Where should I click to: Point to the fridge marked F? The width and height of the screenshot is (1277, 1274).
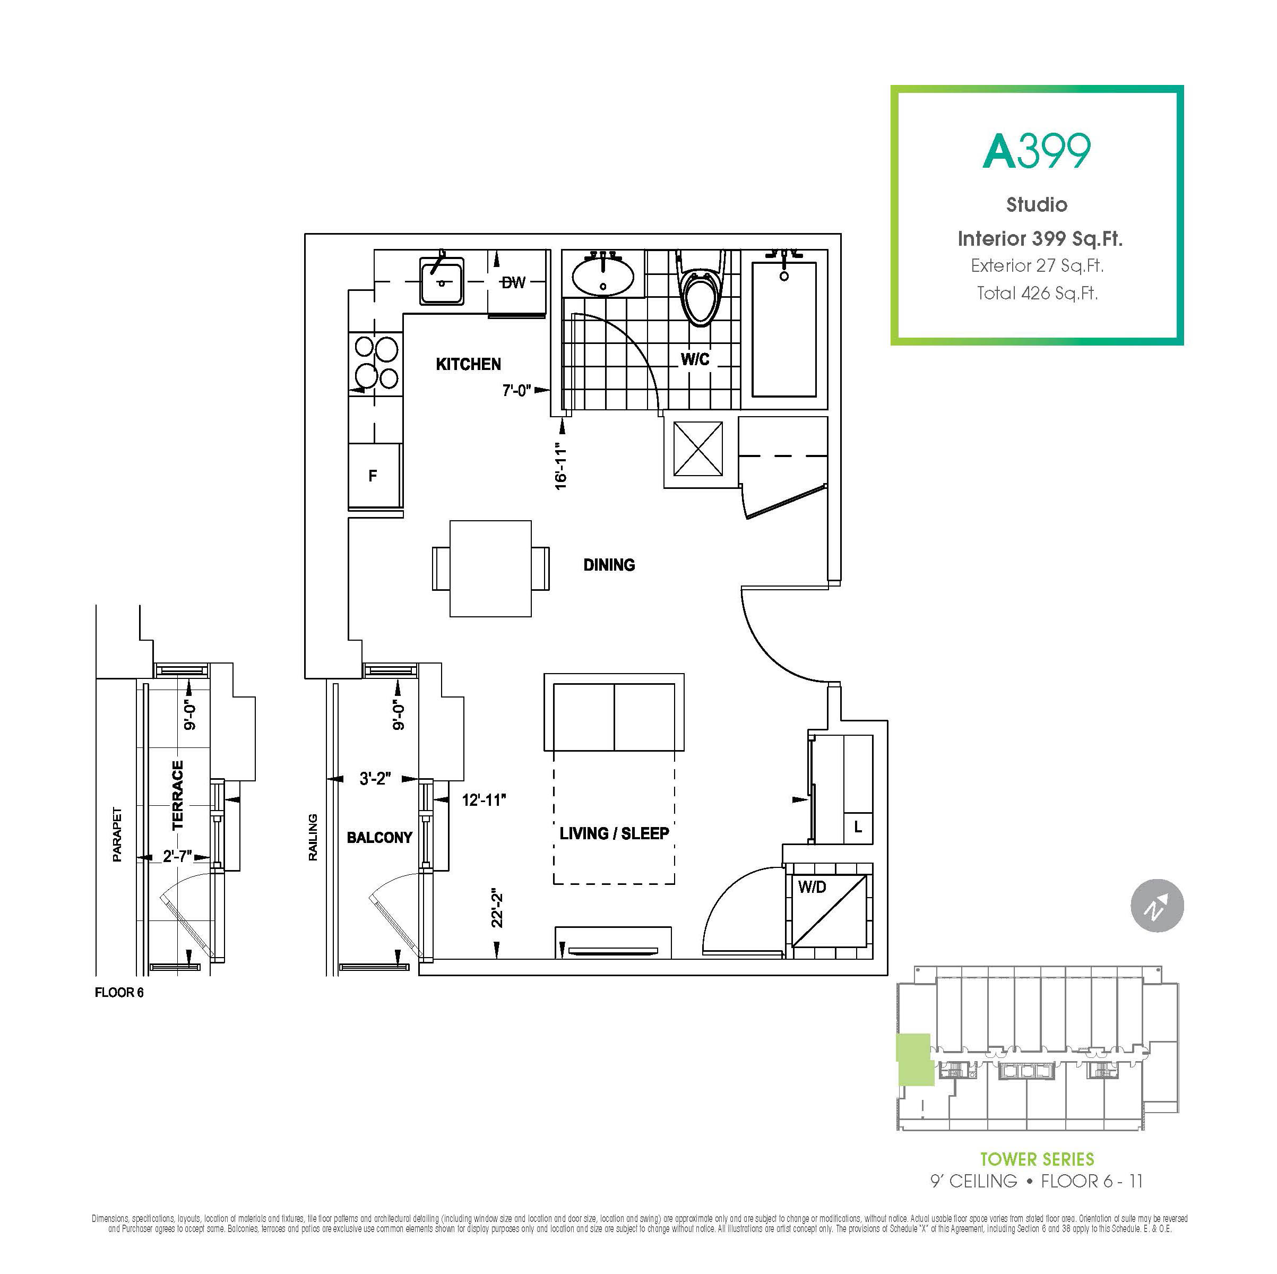click(x=375, y=475)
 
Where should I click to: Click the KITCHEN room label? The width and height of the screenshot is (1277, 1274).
click(x=468, y=364)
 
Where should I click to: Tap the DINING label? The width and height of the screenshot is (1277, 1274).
click(x=609, y=565)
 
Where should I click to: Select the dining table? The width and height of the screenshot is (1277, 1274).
click(x=490, y=569)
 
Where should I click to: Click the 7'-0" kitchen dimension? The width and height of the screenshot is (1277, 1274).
click(x=516, y=391)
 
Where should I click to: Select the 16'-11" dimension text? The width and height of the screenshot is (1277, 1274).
click(x=561, y=466)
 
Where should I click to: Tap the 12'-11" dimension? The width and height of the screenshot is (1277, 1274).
click(x=484, y=800)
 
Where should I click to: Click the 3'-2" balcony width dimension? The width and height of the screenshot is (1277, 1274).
click(x=375, y=779)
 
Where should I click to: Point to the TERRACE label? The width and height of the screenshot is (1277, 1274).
click(x=177, y=795)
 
